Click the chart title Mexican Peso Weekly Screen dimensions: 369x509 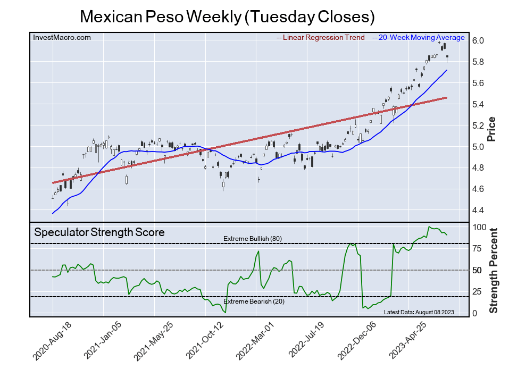click(x=227, y=16)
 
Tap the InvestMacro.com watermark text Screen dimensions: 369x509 click(x=62, y=37)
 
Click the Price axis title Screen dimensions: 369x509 click(x=491, y=128)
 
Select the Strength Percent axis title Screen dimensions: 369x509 click(x=493, y=270)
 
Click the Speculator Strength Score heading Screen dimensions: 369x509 click(x=99, y=232)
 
